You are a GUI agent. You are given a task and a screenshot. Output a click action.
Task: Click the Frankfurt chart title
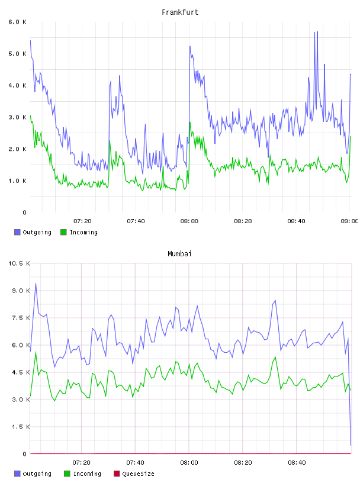[x=180, y=12]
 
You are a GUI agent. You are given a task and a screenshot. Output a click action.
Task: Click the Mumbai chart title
[x=179, y=254]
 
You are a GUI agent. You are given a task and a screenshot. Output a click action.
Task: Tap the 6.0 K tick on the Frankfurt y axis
[x=17, y=22]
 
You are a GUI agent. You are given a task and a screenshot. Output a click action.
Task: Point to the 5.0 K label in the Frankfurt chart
[x=17, y=54]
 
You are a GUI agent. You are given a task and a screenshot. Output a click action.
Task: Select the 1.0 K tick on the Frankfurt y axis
[x=17, y=181]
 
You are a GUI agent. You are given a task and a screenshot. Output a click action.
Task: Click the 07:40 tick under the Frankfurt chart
[x=136, y=221]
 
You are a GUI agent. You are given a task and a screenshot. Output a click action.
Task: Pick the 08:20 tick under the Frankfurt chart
[x=243, y=221]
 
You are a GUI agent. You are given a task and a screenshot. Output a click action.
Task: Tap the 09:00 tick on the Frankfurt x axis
[x=349, y=221]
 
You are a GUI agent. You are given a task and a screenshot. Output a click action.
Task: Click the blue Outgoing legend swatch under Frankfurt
[x=17, y=232]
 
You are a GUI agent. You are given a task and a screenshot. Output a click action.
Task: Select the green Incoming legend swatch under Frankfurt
[x=63, y=232]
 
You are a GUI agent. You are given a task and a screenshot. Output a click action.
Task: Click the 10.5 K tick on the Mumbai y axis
[x=19, y=263]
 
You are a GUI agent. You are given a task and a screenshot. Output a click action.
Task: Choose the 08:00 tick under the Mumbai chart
[x=189, y=463]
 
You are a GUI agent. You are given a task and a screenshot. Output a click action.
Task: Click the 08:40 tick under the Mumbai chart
[x=297, y=463]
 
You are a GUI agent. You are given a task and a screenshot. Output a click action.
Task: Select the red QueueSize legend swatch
[x=117, y=474]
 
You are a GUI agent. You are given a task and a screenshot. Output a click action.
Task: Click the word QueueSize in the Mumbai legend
[x=138, y=474]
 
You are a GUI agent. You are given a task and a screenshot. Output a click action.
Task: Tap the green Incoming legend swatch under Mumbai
[x=67, y=474]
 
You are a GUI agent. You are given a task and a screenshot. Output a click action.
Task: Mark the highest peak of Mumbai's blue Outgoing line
[x=36, y=284]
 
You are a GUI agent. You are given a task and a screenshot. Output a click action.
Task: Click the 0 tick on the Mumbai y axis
[x=25, y=454]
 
